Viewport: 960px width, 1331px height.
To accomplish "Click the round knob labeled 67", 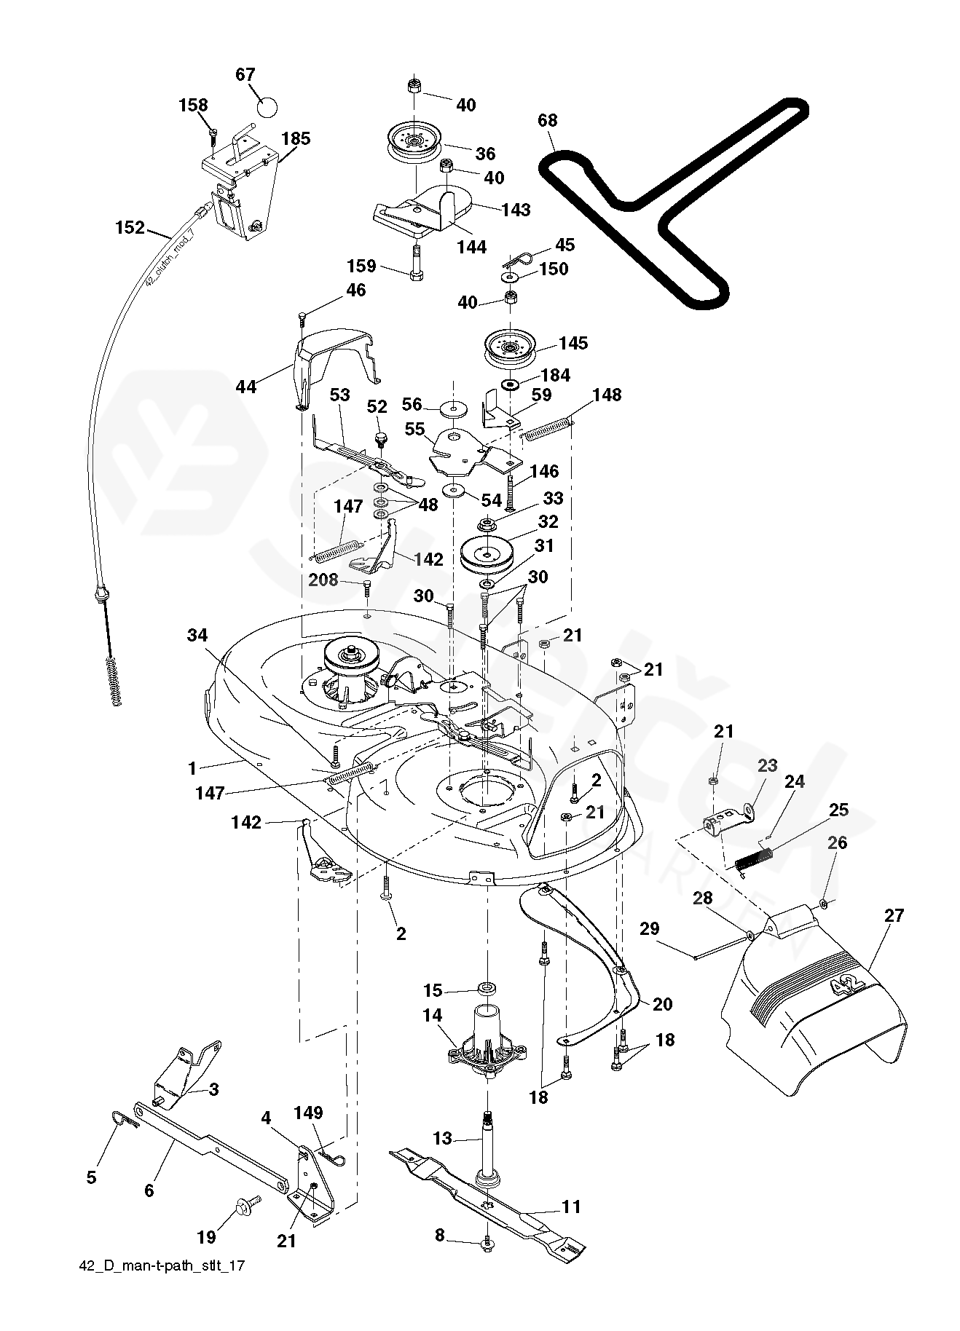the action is pyautogui.click(x=267, y=107).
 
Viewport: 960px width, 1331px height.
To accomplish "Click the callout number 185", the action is pyautogui.click(x=296, y=138).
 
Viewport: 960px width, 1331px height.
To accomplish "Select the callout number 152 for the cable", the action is pyautogui.click(x=130, y=227).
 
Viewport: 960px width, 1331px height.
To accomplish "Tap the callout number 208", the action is pyautogui.click(x=323, y=580).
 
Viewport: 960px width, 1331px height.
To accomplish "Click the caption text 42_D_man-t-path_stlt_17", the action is pyautogui.click(x=162, y=1286).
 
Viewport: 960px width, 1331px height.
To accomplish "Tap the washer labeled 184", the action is pyautogui.click(x=509, y=383).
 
